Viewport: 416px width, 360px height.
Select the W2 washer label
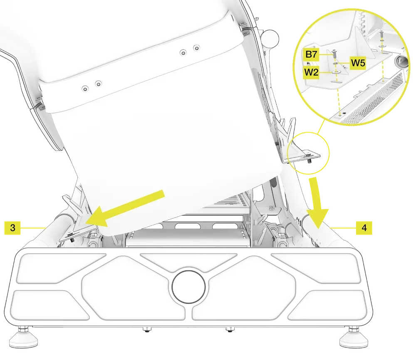click(311, 72)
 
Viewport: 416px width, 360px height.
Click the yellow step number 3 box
click(13, 227)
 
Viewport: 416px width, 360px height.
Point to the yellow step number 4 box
click(364, 227)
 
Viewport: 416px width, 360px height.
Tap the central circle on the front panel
click(189, 286)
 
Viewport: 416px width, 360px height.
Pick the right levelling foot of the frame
click(354, 339)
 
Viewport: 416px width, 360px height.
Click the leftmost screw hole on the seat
click(85, 88)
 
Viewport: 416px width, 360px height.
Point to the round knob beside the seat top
click(271, 39)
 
